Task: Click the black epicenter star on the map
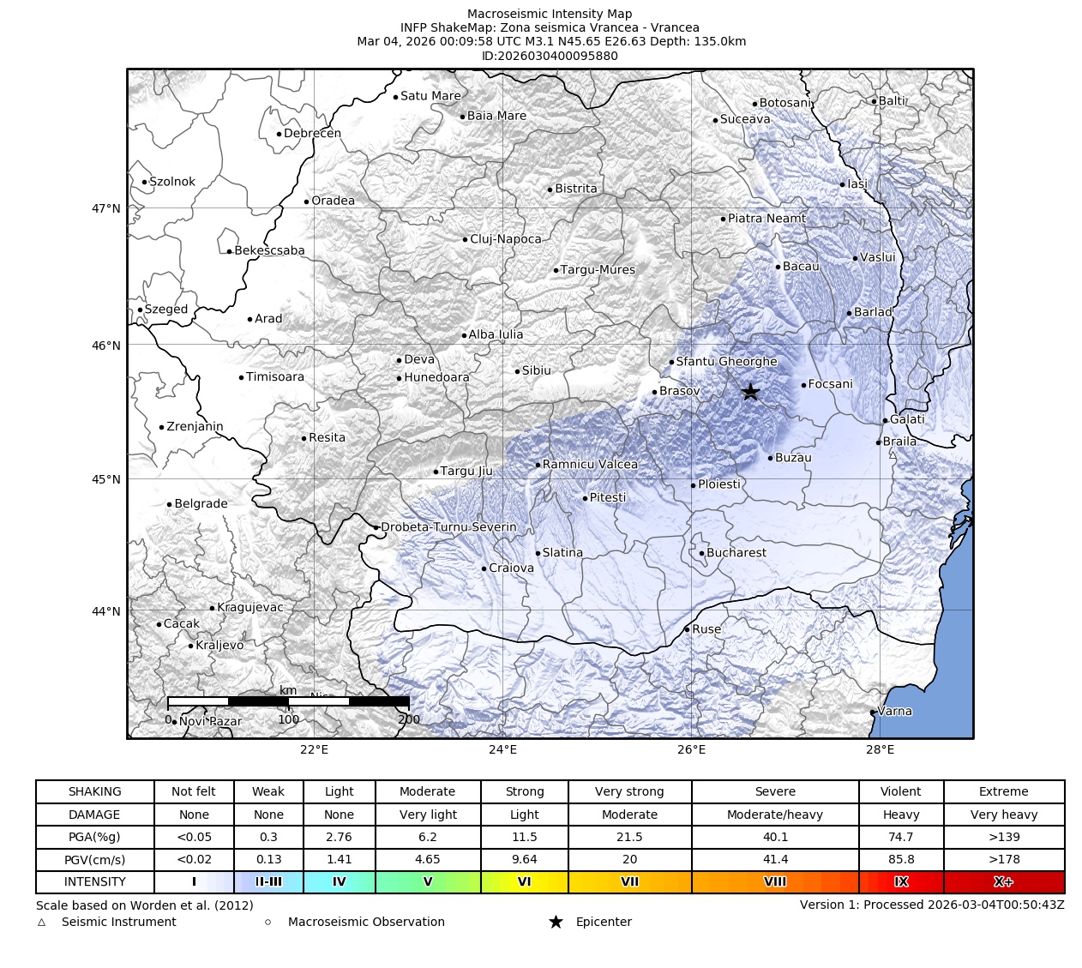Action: (750, 392)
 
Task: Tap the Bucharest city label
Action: (736, 553)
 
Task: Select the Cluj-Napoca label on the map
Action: (505, 239)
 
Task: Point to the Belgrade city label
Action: (201, 504)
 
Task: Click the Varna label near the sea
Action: (894, 712)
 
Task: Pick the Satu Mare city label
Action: (430, 96)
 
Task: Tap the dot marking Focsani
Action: (803, 385)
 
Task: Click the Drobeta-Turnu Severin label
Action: (448, 527)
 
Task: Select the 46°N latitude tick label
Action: (106, 346)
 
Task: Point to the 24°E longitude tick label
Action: (502, 750)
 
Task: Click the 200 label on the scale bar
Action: (409, 720)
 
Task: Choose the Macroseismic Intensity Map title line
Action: (550, 14)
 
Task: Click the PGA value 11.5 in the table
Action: (524, 837)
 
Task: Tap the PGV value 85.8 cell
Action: (900, 859)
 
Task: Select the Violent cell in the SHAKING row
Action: (900, 791)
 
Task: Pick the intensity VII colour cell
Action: (629, 881)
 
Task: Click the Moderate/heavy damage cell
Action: (774, 815)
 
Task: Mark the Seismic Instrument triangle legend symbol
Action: (41, 923)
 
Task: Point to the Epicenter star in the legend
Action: (556, 922)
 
